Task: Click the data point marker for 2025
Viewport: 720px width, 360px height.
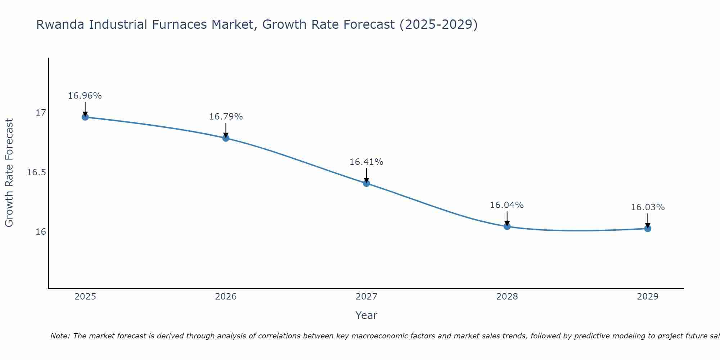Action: pos(85,117)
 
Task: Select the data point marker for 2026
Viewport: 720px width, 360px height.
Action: pos(226,138)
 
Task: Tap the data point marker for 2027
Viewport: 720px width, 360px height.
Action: pos(366,183)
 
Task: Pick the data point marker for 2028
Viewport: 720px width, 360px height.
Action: pos(507,226)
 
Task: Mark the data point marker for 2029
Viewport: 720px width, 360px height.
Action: pos(648,228)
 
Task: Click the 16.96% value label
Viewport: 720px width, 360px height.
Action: pos(85,96)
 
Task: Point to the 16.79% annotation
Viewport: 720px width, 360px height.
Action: pos(226,117)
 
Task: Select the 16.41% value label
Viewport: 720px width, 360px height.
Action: pos(366,162)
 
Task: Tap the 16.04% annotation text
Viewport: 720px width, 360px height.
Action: pos(507,205)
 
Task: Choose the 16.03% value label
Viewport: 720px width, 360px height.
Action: pos(648,207)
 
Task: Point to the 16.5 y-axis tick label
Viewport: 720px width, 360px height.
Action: pos(37,172)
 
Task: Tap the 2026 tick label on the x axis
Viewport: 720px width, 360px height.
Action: pos(226,297)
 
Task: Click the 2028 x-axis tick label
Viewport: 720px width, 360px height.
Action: pos(507,297)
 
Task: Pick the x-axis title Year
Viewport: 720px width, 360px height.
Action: pos(366,315)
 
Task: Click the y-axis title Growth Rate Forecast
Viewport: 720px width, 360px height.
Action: pos(9,173)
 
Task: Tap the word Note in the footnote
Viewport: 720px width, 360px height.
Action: pos(60,336)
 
